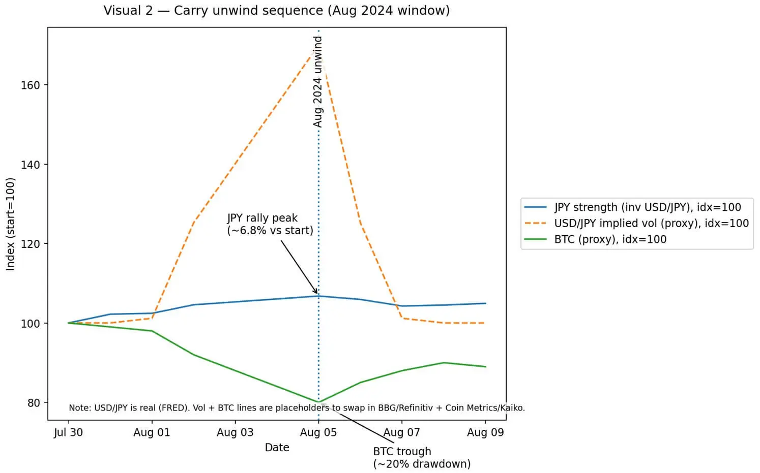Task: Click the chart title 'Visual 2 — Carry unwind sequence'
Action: (276, 11)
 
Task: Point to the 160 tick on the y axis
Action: (30, 85)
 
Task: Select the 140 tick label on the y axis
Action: (30, 165)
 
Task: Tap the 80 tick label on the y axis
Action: (33, 403)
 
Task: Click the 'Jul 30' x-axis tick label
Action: (68, 432)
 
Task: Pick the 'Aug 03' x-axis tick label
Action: (235, 432)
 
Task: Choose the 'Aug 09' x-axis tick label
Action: (485, 432)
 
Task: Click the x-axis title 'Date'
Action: (277, 448)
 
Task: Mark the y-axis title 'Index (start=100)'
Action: (11, 224)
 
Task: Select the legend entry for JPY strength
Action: (647, 207)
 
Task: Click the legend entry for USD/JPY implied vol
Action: (651, 223)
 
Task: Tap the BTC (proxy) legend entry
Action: (610, 239)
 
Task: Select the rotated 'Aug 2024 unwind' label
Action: (318, 81)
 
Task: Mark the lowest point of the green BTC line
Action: (318, 402)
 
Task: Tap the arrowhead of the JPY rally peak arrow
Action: (317, 293)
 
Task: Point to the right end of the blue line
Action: (486, 303)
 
